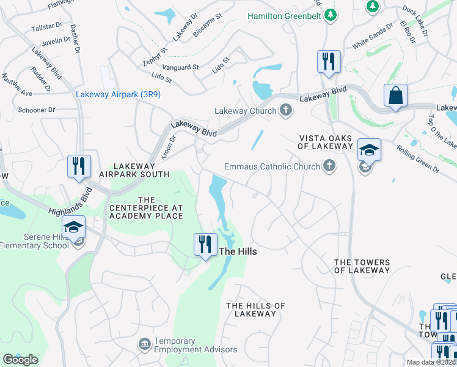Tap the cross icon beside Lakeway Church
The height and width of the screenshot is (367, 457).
[285, 111]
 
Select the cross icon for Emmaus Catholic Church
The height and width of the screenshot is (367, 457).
[329, 166]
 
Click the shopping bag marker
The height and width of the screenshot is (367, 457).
[395, 96]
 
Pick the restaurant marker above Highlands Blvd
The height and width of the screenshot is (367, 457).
[79, 167]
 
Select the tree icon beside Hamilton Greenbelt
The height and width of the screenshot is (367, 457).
[331, 13]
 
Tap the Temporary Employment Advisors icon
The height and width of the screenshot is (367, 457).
[145, 344]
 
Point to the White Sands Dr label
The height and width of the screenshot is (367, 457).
[373, 37]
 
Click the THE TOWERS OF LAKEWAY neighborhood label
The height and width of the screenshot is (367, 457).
[362, 266]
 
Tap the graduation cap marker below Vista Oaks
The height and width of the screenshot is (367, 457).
[369, 150]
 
